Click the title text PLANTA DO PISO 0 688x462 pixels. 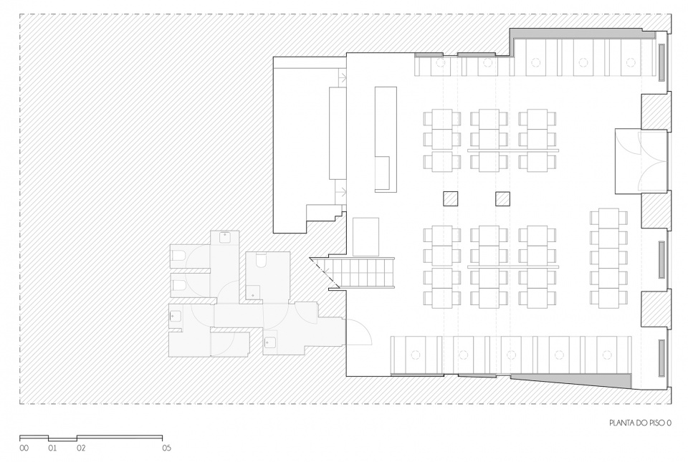(640, 423)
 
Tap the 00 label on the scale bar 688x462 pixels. (24, 448)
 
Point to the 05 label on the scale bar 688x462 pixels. (166, 448)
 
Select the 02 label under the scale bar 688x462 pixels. (81, 448)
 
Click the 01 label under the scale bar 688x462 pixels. (52, 448)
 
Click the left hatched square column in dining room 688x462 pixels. (450, 199)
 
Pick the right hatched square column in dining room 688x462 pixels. (503, 199)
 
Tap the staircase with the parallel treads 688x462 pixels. (362, 273)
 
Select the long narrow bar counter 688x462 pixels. (386, 139)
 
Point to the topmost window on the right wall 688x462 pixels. (661, 62)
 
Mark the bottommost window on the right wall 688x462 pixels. (661, 357)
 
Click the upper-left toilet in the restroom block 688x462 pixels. (179, 256)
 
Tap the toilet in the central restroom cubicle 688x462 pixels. (261, 261)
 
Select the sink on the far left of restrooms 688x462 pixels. (176, 314)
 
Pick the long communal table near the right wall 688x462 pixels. (608, 258)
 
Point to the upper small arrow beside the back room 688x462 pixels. (343, 77)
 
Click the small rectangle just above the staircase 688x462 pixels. (366, 236)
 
